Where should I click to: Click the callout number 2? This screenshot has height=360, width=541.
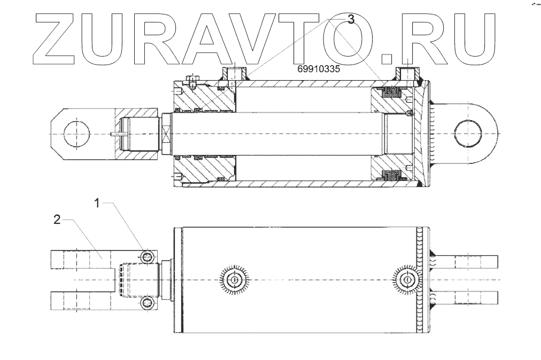(x=57, y=219)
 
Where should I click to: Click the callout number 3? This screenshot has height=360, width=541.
(x=351, y=20)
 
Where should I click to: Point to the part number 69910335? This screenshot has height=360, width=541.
(x=320, y=69)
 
